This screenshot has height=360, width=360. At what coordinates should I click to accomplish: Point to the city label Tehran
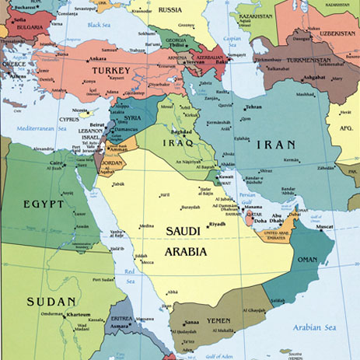coord(253,107)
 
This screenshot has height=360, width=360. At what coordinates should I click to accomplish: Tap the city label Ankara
coord(97,59)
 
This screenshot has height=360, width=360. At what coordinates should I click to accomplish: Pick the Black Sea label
coord(99,25)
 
